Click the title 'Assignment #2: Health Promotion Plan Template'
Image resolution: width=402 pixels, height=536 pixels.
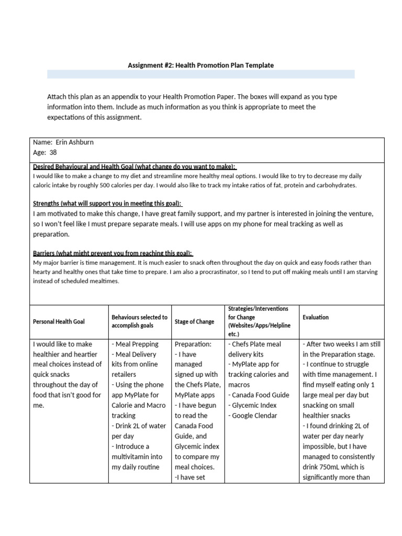pos(200,65)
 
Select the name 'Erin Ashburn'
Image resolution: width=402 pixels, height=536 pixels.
pos(74,142)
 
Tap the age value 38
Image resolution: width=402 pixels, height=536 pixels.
pos(53,152)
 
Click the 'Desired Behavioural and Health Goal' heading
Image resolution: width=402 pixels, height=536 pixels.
pos(135,166)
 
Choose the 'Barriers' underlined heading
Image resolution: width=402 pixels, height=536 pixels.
pos(113,252)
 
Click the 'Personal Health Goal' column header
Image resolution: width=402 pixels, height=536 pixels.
pos(59,321)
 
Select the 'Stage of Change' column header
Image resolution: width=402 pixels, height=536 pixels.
pos(194,321)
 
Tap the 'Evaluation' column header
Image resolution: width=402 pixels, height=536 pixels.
pos(316,317)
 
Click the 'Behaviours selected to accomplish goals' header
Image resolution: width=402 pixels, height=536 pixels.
pos(139,321)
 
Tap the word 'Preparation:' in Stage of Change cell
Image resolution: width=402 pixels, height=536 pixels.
pos(193,344)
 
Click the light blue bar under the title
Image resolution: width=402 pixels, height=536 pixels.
pos(200,74)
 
